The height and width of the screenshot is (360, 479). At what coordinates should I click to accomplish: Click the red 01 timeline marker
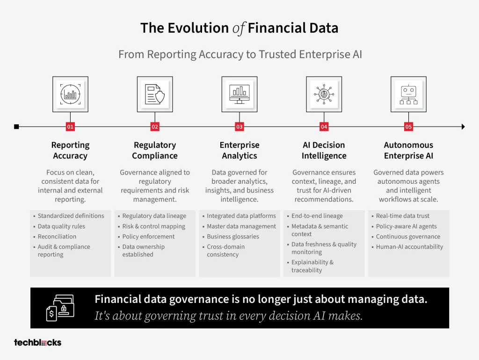pos(70,127)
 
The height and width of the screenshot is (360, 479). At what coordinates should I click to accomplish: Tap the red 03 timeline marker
pos(239,127)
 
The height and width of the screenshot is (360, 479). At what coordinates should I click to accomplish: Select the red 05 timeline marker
pos(408,127)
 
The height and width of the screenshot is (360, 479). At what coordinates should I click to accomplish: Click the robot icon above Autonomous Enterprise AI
pos(408,94)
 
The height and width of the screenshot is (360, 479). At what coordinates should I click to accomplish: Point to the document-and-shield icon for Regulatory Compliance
pos(155,94)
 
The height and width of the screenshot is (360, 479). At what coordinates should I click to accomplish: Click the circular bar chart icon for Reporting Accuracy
pos(70,94)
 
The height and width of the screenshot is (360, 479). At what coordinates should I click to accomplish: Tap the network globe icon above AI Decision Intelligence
pos(324,94)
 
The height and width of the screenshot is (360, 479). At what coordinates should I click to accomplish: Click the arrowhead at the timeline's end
pos(463,127)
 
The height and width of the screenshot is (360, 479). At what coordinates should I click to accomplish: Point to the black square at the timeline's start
pos(16,127)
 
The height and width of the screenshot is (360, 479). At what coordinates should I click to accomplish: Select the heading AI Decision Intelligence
pos(324,150)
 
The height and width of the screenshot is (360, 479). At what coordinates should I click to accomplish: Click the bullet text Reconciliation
pos(57,236)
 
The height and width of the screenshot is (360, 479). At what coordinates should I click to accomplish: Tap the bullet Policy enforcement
pos(148,236)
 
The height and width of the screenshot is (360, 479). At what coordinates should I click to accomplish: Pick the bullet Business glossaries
pos(233,236)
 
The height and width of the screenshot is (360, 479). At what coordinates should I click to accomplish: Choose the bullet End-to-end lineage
pos(317,216)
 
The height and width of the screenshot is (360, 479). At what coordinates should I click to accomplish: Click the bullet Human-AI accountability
pos(409,247)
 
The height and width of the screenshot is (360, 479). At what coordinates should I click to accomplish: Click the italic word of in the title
pos(239,29)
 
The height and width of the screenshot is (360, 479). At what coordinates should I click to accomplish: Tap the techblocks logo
pos(37,343)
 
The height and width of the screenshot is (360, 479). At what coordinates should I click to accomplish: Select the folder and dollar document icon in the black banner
pos(60,308)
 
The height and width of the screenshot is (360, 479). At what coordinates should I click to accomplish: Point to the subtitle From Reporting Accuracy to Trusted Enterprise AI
pos(240,54)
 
